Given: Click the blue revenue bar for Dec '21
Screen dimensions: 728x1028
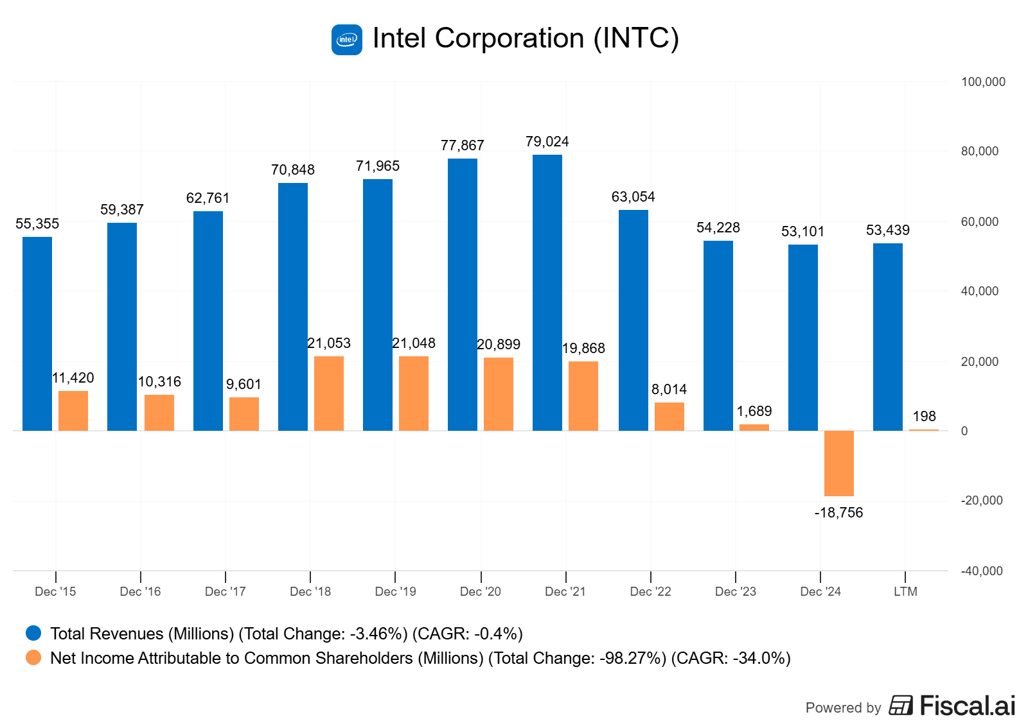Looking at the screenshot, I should (x=547, y=293).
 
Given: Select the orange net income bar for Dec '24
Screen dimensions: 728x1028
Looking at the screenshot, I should (x=839, y=464).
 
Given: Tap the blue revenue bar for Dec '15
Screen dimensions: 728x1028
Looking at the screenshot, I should (x=37, y=334).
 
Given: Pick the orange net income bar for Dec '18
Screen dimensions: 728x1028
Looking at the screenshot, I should (x=329, y=394).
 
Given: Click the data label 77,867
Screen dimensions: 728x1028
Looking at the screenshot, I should (x=463, y=146).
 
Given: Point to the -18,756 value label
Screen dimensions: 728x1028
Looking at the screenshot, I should (x=838, y=513).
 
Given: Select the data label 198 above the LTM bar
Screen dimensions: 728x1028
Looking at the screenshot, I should (x=924, y=417).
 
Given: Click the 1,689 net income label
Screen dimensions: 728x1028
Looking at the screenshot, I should (x=754, y=412).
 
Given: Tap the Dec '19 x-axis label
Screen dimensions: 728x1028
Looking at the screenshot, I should (x=395, y=592).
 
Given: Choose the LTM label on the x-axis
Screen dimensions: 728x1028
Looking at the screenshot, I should (x=905, y=592).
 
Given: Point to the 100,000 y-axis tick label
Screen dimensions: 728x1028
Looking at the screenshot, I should (x=983, y=82).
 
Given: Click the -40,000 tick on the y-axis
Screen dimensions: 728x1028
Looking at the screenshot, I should (x=981, y=571).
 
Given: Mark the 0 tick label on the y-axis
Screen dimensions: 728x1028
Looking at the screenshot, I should (x=964, y=431).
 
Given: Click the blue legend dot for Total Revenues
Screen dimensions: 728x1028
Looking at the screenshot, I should (x=33, y=634).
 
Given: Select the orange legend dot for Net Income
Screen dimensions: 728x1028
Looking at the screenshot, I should (x=33, y=658).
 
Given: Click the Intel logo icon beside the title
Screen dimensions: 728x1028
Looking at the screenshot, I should (x=347, y=40).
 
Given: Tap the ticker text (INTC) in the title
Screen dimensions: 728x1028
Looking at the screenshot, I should (x=636, y=39).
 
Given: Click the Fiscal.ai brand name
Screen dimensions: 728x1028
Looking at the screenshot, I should (x=967, y=706).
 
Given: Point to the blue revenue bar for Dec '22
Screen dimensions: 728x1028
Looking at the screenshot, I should (x=634, y=320).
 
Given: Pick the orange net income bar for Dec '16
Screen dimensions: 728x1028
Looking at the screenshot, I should (x=159, y=413).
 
